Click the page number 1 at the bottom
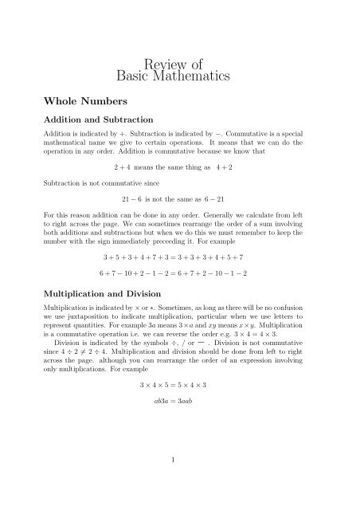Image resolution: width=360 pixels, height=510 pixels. coord(180,481)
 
